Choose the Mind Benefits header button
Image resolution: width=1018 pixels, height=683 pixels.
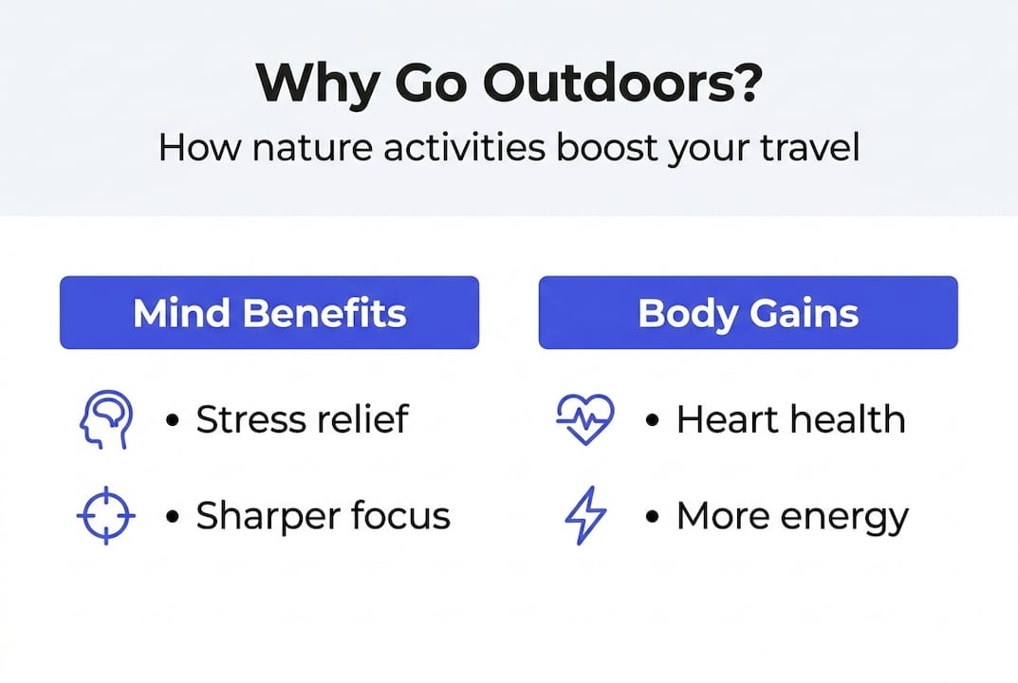pos(269,313)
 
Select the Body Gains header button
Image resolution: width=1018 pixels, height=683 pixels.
pos(748,313)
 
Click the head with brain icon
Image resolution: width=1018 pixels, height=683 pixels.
pos(104,419)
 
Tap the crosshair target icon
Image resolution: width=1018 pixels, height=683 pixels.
pos(104,516)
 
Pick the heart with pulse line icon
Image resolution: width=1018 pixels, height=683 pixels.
pos(584,419)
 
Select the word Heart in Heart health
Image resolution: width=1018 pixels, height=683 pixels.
pos(726,419)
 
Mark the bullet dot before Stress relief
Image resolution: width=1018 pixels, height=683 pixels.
pos(172,419)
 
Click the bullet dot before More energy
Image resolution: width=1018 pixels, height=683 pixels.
pos(652,516)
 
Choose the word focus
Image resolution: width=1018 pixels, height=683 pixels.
pos(398,516)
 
